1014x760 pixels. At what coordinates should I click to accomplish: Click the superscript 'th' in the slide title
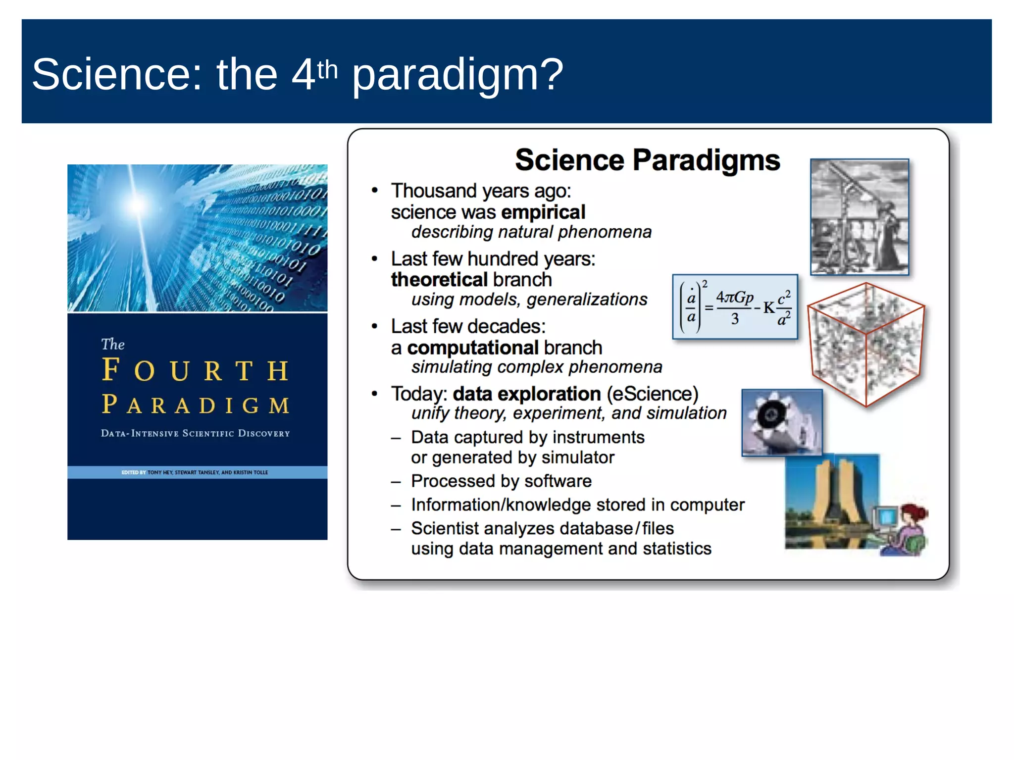pyautogui.click(x=327, y=70)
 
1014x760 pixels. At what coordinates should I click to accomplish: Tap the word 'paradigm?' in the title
pyautogui.click(x=457, y=75)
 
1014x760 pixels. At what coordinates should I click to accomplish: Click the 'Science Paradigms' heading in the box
pyautogui.click(x=647, y=160)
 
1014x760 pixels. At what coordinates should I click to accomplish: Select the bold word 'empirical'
pyautogui.click(x=543, y=212)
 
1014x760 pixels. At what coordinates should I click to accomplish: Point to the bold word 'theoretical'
pyautogui.click(x=439, y=280)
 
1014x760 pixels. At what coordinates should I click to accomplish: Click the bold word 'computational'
pyautogui.click(x=472, y=348)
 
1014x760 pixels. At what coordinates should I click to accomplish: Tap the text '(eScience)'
pyautogui.click(x=652, y=394)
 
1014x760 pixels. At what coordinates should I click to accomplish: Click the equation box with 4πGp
pyautogui.click(x=735, y=307)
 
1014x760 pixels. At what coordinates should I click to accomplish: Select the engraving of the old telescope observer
pyautogui.click(x=859, y=217)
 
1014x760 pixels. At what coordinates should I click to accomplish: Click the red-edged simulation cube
pyautogui.click(x=865, y=345)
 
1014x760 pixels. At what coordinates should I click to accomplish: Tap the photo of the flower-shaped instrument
pyautogui.click(x=781, y=422)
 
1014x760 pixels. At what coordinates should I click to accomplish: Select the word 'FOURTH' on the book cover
pyautogui.click(x=195, y=371)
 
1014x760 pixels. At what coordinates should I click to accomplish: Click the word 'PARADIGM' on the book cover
pyautogui.click(x=195, y=405)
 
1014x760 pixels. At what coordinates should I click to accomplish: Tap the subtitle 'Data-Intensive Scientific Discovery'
pyautogui.click(x=195, y=433)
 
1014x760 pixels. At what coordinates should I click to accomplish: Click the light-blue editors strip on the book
pyautogui.click(x=197, y=472)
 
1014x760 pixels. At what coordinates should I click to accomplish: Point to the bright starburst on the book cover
pyautogui.click(x=138, y=203)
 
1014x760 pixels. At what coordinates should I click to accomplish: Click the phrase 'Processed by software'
pyautogui.click(x=501, y=481)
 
